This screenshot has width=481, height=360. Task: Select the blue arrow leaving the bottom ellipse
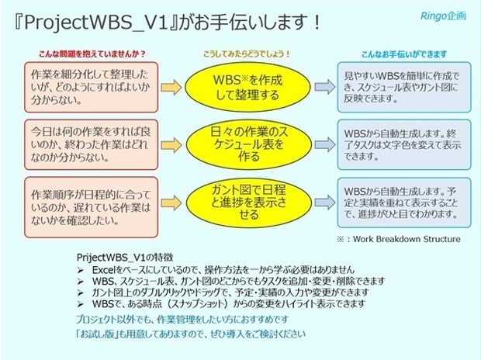[321, 199]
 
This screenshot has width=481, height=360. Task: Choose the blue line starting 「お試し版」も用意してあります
[191, 334]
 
